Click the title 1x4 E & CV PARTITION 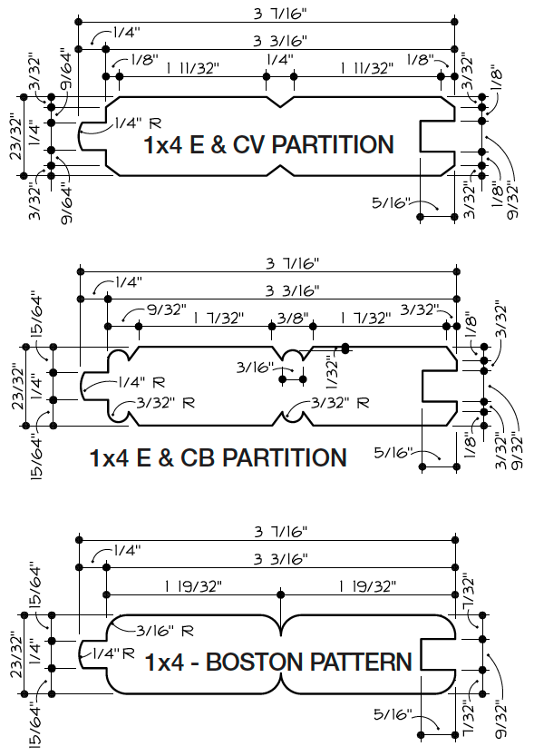click(268, 144)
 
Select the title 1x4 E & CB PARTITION click(218, 457)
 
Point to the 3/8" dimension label click(292, 318)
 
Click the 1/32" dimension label click(332, 372)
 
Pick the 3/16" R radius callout click(165, 630)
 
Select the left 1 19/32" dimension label click(193, 586)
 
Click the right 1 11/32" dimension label click(367, 68)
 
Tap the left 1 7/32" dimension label click(218, 319)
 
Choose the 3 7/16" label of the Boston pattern click(281, 532)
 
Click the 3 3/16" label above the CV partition click(280, 41)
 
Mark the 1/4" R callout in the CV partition click(138, 123)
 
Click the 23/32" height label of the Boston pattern click(17, 654)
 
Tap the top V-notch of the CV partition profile click(280, 102)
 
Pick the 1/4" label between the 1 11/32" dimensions click(280, 60)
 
